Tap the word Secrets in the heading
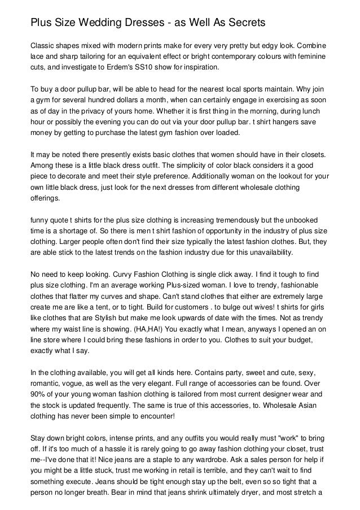click(x=239, y=23)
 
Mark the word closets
click(x=313, y=154)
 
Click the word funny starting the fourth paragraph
click(x=41, y=220)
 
